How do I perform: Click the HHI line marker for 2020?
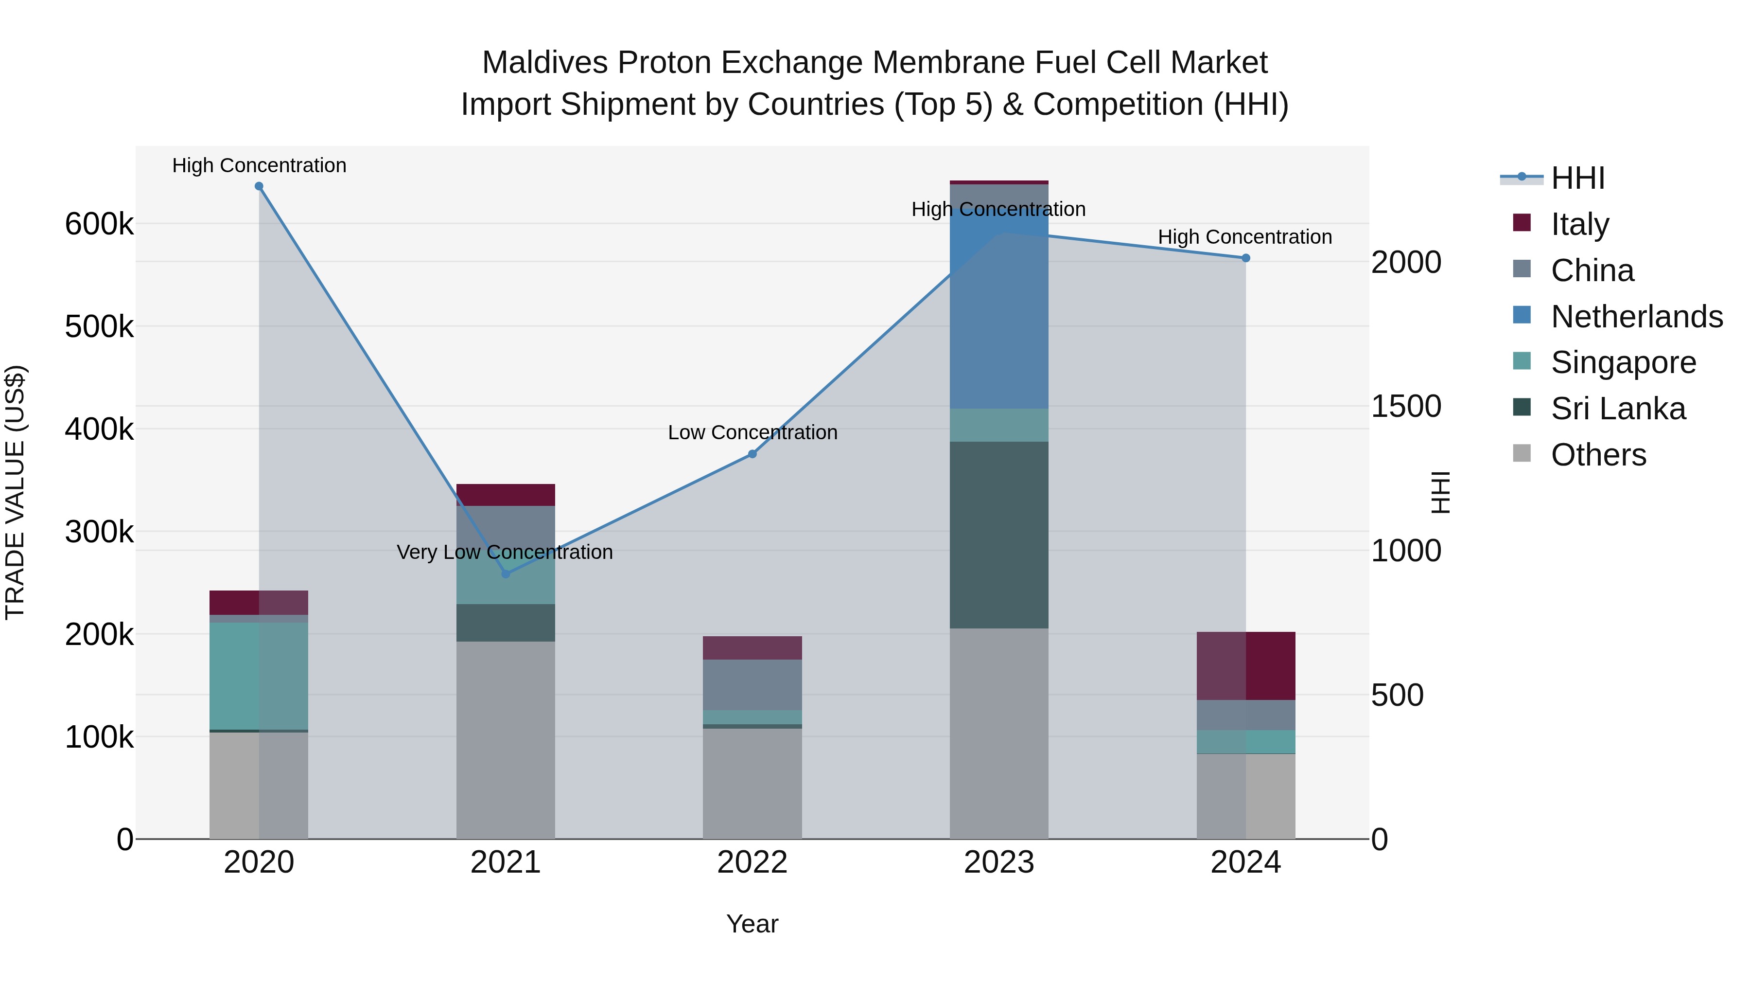point(259,186)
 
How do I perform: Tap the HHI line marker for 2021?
point(506,574)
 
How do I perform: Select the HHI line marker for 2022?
point(752,453)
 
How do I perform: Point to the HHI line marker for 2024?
point(1245,258)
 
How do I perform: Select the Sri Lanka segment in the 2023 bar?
point(998,535)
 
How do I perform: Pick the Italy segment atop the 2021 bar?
point(506,495)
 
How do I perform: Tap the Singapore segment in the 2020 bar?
point(259,677)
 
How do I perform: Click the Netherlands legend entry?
point(1636,317)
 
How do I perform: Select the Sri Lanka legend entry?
point(1617,409)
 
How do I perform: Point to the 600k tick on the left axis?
point(99,224)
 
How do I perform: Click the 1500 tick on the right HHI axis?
point(1405,407)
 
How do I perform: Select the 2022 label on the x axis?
point(752,862)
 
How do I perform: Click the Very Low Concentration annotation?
point(505,552)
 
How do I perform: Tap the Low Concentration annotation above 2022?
point(752,432)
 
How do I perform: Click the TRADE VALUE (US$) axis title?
point(15,492)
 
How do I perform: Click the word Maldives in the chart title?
point(544,63)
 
